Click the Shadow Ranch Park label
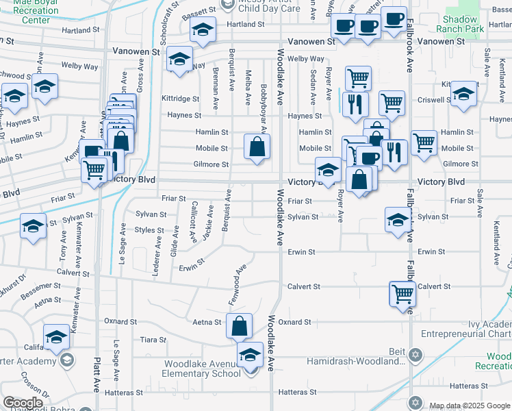tap(463, 24)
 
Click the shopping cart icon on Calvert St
tap(402, 294)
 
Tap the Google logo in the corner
tap(23, 403)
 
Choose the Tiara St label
tap(153, 340)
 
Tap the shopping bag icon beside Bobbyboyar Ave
tap(257, 147)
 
